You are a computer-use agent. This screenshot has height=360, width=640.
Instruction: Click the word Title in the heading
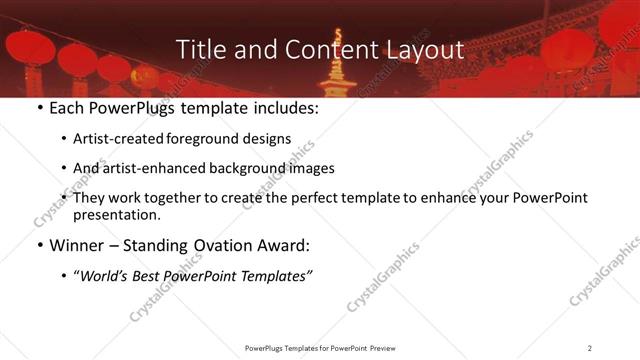[198, 49]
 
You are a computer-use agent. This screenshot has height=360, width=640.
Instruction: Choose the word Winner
[76, 245]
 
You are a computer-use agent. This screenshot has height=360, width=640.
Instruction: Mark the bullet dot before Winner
[39, 245]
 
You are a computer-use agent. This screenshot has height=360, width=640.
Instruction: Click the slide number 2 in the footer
[590, 348]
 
